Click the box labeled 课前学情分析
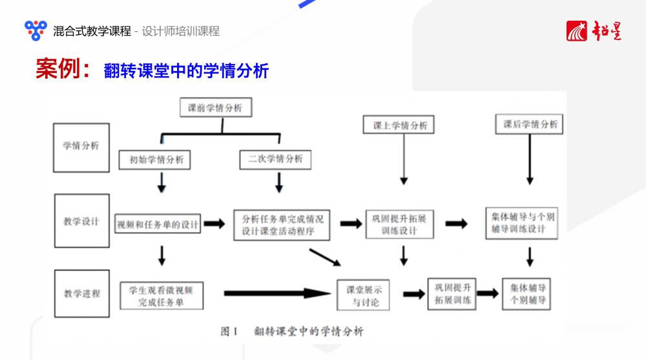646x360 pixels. coord(215,108)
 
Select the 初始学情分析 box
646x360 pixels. coord(156,158)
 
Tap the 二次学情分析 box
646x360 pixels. coord(275,158)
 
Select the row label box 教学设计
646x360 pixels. coord(81,221)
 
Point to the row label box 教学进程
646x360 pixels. coord(81,293)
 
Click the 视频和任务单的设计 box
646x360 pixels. coord(158,224)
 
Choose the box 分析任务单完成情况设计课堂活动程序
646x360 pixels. coord(282,224)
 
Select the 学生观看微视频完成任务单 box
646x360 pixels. coord(161,295)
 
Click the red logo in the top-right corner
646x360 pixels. coord(594,30)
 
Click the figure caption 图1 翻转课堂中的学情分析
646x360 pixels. coord(291,332)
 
